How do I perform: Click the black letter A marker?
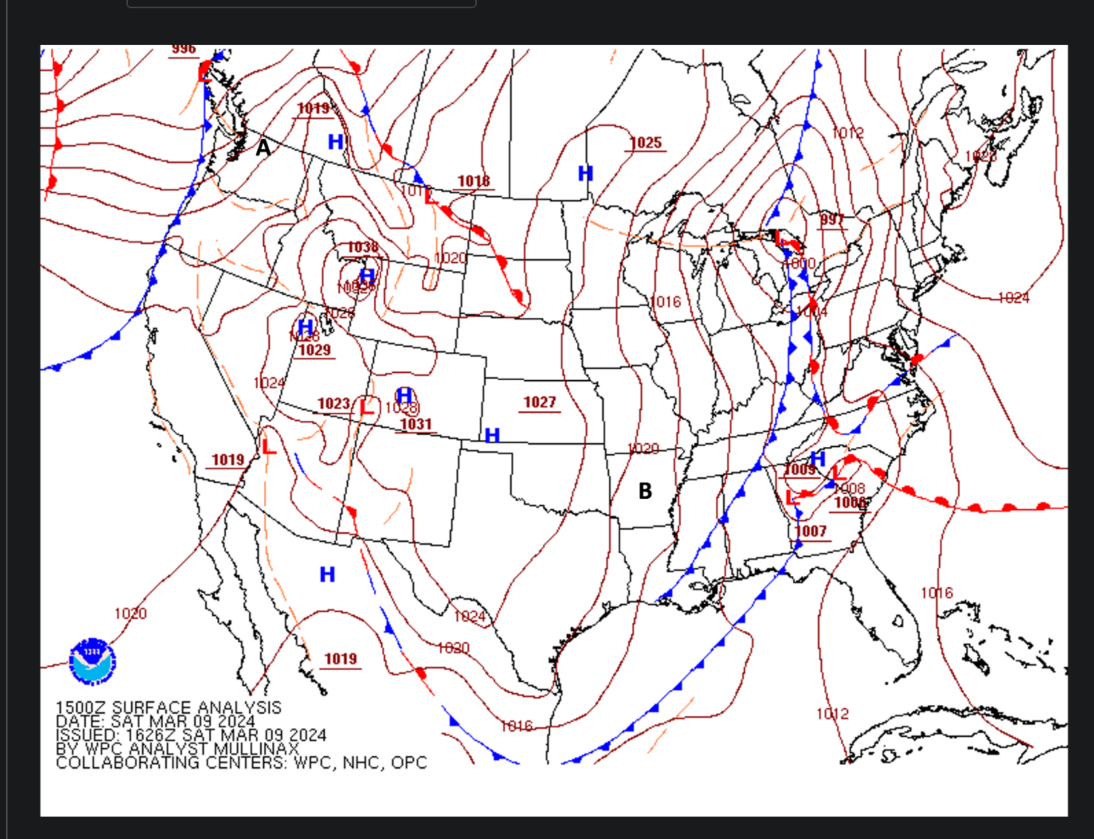point(263,148)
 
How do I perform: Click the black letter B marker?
point(645,491)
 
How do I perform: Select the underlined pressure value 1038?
point(363,247)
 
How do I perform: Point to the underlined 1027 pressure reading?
point(539,403)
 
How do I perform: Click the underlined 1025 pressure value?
point(645,143)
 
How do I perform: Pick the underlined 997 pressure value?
point(832,219)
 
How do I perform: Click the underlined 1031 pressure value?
point(416,424)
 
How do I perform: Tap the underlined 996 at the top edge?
point(184,49)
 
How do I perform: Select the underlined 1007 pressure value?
point(811,531)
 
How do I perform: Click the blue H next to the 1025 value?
point(586,174)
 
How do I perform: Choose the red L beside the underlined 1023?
point(367,407)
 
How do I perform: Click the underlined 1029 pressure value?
point(315,350)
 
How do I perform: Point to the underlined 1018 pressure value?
point(474,181)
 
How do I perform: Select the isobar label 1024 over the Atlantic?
point(1014,298)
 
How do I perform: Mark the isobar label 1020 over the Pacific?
point(131,613)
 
